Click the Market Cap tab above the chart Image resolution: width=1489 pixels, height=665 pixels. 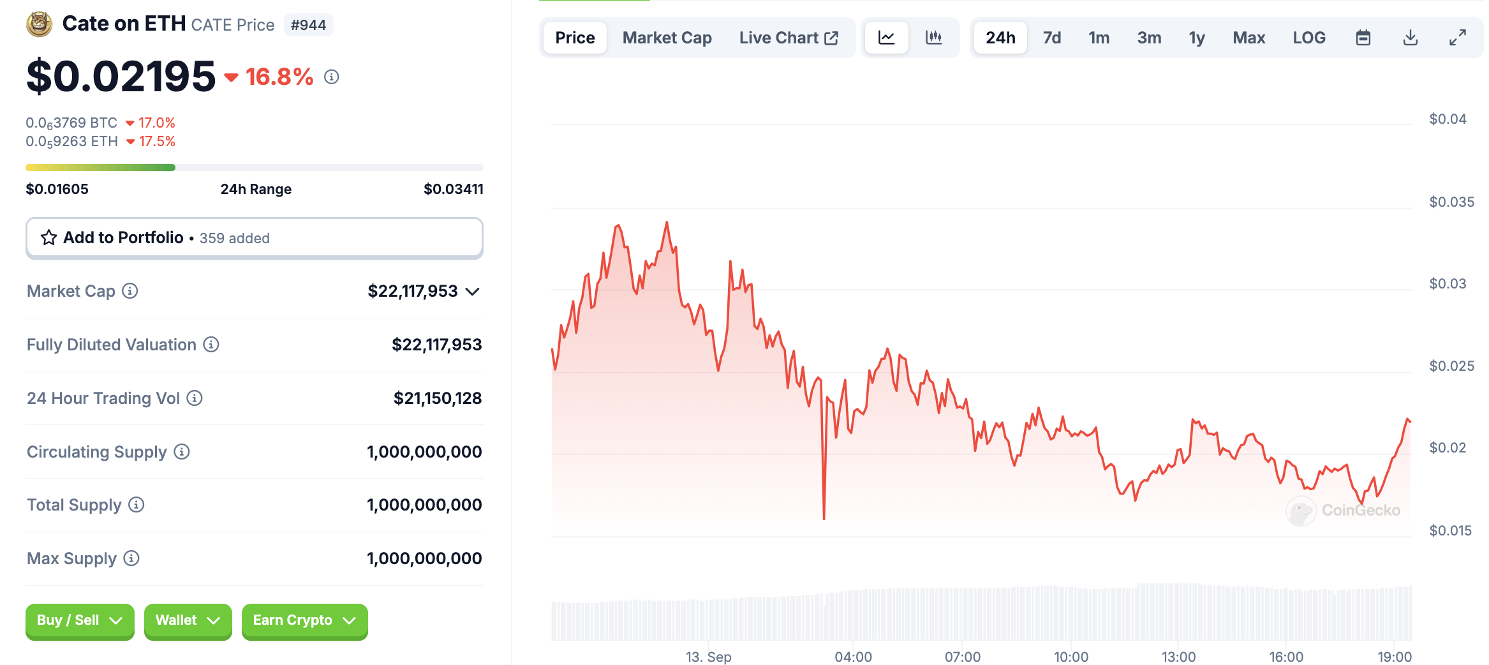click(667, 38)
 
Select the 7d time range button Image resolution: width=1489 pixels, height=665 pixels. click(1051, 38)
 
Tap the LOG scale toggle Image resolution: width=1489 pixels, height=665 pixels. click(1308, 38)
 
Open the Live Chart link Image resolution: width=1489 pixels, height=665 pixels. click(788, 38)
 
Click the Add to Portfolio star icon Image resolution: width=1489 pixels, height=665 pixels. click(49, 238)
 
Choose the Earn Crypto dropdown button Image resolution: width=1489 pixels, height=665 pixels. click(304, 620)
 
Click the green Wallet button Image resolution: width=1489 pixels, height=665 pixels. click(188, 620)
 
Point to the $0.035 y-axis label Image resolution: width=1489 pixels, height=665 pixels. click(1451, 202)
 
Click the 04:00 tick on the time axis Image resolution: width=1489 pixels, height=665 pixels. click(853, 657)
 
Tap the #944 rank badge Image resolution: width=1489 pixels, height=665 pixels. click(308, 25)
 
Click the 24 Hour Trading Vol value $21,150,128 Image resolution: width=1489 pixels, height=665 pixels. click(437, 398)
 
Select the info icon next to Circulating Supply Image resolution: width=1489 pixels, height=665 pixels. click(182, 452)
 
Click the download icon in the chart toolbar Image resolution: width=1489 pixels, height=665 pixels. click(1410, 38)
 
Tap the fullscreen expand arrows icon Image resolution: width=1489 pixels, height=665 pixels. click(1457, 38)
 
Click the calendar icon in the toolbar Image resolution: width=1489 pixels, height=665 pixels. click(1363, 38)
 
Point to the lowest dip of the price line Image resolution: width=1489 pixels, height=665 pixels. click(824, 518)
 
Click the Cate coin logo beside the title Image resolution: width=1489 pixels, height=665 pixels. click(39, 24)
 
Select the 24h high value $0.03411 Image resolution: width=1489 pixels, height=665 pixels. click(453, 189)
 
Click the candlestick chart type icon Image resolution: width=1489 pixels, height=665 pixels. click(933, 38)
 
